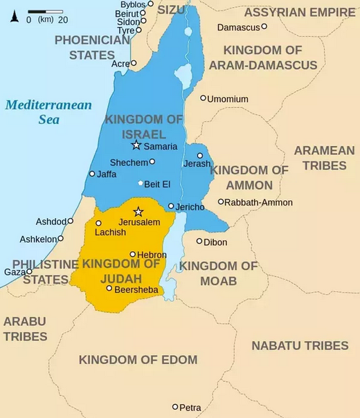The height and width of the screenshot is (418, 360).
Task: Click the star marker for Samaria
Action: coord(136,145)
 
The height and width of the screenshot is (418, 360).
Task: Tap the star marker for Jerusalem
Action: coord(138,212)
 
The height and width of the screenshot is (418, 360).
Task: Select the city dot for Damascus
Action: coord(264,27)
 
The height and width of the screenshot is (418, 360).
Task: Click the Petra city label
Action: coord(190,408)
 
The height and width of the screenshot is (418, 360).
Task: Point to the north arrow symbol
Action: coord(14,16)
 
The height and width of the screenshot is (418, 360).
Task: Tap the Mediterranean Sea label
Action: coord(48,112)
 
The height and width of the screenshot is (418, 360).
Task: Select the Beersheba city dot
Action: coord(109,288)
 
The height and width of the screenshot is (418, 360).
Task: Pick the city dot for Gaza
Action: coord(29,271)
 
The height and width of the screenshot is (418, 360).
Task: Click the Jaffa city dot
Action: coord(92,174)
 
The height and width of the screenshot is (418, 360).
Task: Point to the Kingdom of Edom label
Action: coord(138,360)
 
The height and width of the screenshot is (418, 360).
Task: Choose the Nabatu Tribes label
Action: coord(299,345)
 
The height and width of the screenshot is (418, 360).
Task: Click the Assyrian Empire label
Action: coord(299,12)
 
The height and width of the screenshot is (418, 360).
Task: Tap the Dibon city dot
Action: coord(199,242)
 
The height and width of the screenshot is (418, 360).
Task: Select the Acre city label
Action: coord(120,64)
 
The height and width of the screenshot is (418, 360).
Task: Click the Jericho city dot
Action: coord(171,206)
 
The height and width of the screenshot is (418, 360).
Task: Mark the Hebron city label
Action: coord(152,255)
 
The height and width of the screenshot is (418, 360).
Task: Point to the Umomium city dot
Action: coord(203,98)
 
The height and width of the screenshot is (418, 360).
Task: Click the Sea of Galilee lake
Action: coord(183,73)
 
